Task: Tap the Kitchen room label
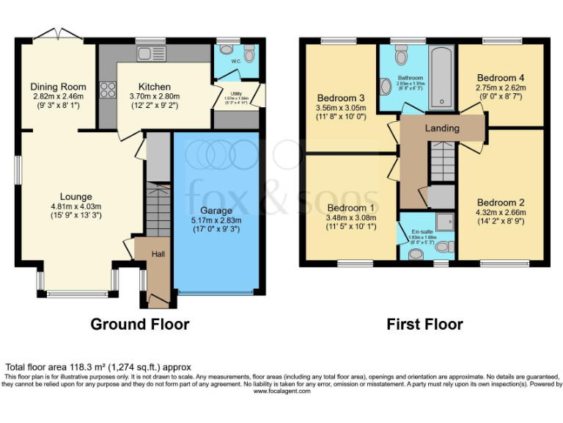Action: coord(154,87)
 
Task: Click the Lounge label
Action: coord(76,196)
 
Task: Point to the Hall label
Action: coord(158,253)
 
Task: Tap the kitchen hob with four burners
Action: coord(107,90)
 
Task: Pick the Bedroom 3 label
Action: coord(341,98)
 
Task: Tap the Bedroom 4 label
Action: coord(501,77)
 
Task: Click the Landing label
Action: coord(442,129)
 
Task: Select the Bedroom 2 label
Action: coord(501,203)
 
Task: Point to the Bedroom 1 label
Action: coord(351,208)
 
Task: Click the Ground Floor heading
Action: coord(139,324)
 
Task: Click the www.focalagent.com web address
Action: coord(281,391)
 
